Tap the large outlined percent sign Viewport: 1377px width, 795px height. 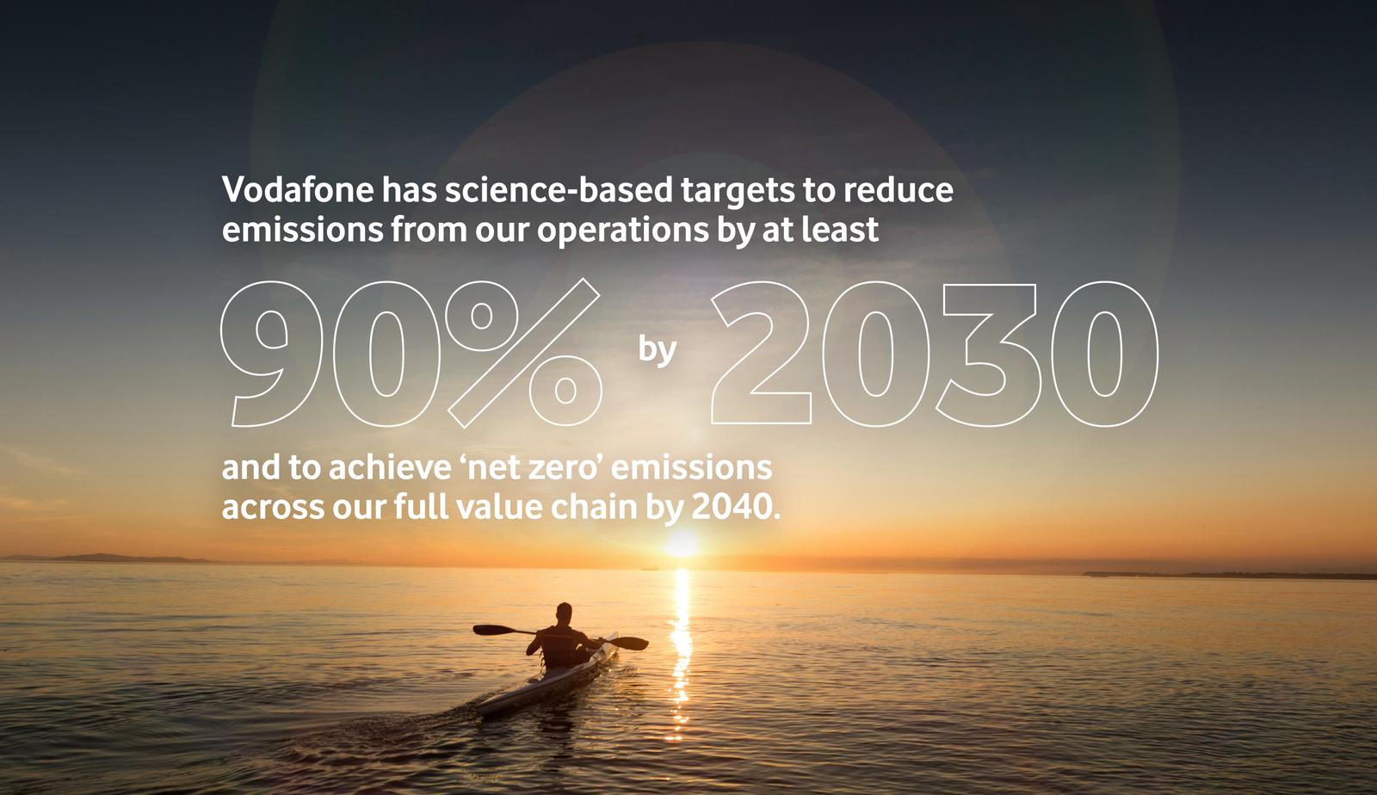tap(522, 352)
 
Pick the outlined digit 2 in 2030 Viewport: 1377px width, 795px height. tap(762, 354)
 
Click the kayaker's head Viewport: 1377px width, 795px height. tap(563, 613)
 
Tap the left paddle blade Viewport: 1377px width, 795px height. tap(487, 630)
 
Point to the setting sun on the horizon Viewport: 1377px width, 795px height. tap(682, 544)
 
